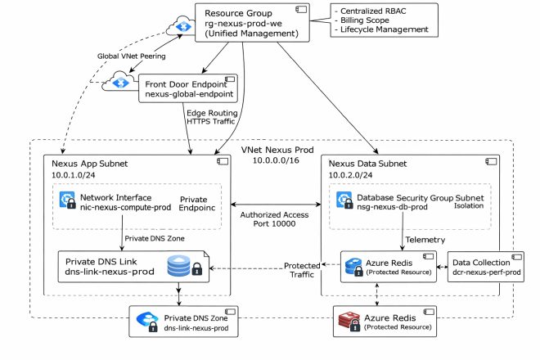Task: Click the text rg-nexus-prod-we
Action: pyautogui.click(x=243, y=24)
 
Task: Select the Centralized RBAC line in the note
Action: pyautogui.click(x=371, y=11)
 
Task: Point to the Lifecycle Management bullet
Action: pyautogui.click(x=381, y=29)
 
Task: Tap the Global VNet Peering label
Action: pyautogui.click(x=131, y=56)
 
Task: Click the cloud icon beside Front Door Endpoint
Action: pyautogui.click(x=119, y=81)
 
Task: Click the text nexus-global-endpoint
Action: pyautogui.click(x=189, y=94)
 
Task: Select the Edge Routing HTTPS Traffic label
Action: pyautogui.click(x=211, y=117)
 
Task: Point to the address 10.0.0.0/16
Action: pyautogui.click(x=276, y=160)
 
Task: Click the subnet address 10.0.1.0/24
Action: pyautogui.click(x=74, y=175)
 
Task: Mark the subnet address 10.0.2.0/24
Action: pyautogui.click(x=350, y=175)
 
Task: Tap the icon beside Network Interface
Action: pyautogui.click(x=67, y=200)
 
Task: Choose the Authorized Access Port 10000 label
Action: pyautogui.click(x=274, y=219)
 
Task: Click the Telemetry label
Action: pyautogui.click(x=425, y=240)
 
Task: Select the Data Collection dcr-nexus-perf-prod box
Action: pyautogui.click(x=485, y=267)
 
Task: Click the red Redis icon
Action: pyautogui.click(x=349, y=322)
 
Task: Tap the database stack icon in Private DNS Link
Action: pyautogui.click(x=178, y=266)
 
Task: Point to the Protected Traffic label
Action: pyautogui.click(x=302, y=270)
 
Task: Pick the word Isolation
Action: pyautogui.click(x=469, y=205)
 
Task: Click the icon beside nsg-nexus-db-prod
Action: pyautogui.click(x=344, y=200)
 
